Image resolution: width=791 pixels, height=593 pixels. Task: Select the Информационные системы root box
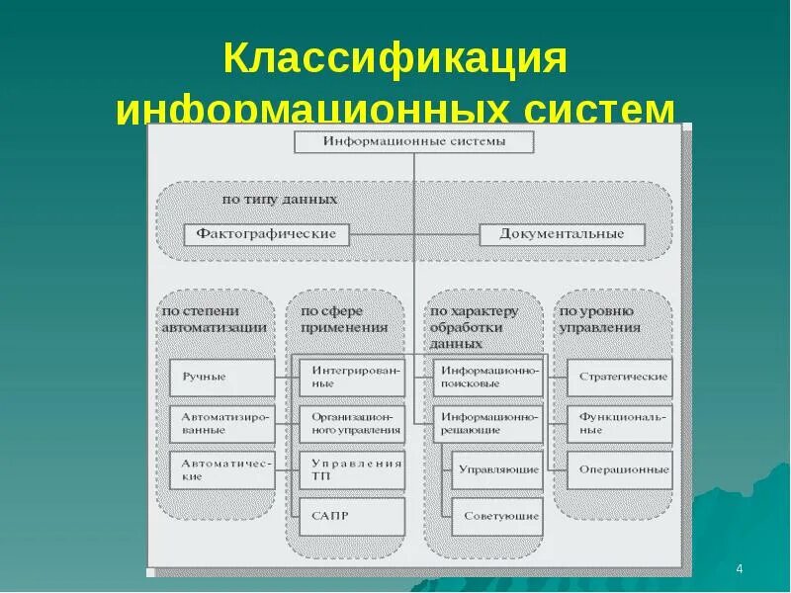(x=414, y=141)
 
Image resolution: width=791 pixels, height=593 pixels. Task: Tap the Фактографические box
(x=266, y=234)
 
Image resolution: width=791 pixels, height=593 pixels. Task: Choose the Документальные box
(x=562, y=234)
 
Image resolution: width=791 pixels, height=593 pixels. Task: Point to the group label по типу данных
(x=280, y=199)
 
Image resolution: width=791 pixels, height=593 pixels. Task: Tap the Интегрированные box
(x=352, y=377)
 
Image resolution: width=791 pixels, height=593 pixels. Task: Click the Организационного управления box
(x=352, y=424)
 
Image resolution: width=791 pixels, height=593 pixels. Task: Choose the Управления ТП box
(x=352, y=469)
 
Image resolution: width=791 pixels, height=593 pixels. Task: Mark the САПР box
(x=352, y=516)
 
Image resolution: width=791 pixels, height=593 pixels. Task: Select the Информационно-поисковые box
(x=487, y=377)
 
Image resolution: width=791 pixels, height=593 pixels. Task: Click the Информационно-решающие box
(x=487, y=424)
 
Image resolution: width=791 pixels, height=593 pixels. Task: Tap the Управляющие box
(x=497, y=469)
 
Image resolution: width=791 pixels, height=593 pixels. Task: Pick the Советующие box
(x=497, y=516)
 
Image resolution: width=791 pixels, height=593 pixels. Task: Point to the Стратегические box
(x=619, y=377)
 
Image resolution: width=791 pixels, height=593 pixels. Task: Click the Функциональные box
(x=619, y=424)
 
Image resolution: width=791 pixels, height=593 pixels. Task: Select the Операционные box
(x=619, y=469)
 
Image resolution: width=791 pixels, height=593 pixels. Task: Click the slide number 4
(x=740, y=570)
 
